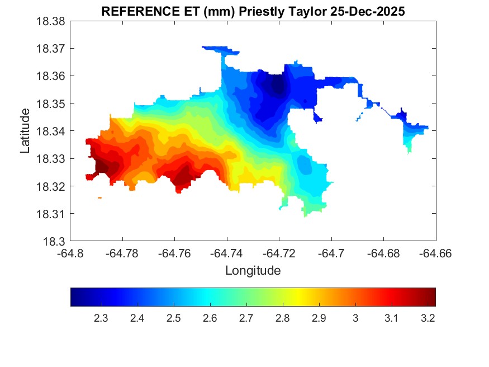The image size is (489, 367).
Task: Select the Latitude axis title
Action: (x=25, y=131)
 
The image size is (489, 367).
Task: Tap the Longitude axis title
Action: (x=253, y=271)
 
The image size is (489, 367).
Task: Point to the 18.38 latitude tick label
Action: (x=52, y=21)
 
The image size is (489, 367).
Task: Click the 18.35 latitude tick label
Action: (x=52, y=103)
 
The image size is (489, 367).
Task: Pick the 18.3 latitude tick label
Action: (x=55, y=242)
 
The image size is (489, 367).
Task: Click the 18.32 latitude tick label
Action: (x=52, y=186)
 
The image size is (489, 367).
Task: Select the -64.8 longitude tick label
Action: (x=71, y=253)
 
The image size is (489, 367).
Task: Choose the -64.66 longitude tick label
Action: (x=435, y=253)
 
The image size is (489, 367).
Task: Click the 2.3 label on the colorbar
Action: (x=101, y=318)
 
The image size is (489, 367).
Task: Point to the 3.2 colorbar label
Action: (x=428, y=318)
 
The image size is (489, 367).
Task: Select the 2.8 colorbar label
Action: (x=282, y=318)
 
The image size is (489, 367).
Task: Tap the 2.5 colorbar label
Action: (x=173, y=318)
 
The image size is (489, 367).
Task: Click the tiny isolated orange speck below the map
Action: (x=99, y=197)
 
